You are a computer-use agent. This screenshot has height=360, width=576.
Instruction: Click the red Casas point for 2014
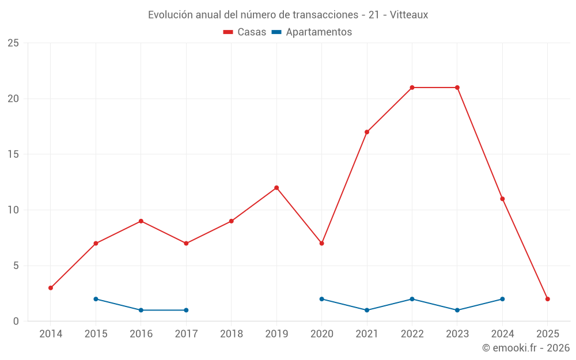[51, 288]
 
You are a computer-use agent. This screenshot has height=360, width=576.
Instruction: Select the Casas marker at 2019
[276, 188]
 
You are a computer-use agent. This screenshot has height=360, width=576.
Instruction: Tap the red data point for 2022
[412, 88]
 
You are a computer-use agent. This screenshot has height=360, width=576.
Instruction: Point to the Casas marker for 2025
[548, 299]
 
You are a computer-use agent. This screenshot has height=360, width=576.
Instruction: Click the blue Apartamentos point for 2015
[96, 299]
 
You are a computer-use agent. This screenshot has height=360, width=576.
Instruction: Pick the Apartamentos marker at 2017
[186, 310]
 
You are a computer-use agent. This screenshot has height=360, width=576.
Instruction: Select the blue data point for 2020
[321, 299]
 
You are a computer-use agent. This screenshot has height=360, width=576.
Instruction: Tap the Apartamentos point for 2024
[502, 299]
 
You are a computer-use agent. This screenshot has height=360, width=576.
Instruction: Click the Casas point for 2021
[367, 132]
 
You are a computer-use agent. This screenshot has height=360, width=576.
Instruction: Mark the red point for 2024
[502, 199]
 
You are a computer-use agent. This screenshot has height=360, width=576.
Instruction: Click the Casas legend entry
[245, 32]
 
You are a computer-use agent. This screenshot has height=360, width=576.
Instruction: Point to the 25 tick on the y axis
[13, 43]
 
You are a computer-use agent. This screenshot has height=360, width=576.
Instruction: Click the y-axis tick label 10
[13, 210]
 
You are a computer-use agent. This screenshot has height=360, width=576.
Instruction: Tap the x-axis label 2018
[232, 334]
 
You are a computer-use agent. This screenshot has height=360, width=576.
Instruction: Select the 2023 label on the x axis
[457, 334]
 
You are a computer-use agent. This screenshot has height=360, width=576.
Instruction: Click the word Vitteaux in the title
[409, 15]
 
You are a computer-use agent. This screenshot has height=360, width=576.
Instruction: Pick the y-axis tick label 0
[16, 321]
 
